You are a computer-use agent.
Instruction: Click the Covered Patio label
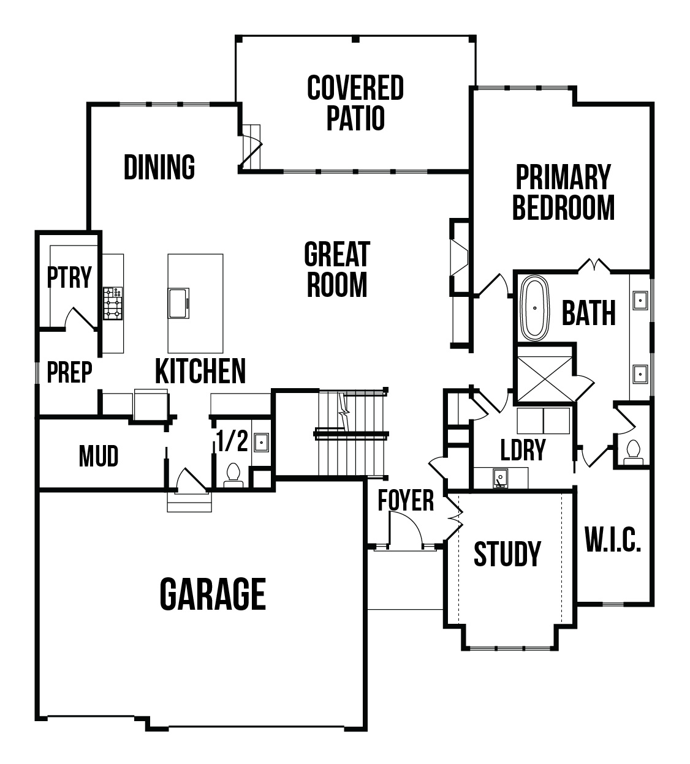click(x=355, y=103)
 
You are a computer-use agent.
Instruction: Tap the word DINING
click(x=159, y=167)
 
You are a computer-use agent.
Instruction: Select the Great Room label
click(x=337, y=269)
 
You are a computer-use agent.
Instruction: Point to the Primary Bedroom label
click(x=563, y=192)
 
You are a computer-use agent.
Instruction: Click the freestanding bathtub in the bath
click(x=535, y=308)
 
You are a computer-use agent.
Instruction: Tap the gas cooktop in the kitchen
click(x=113, y=304)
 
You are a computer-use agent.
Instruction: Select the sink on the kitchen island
click(x=179, y=303)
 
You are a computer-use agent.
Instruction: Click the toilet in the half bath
click(x=233, y=476)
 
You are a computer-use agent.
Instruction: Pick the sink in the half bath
click(x=261, y=442)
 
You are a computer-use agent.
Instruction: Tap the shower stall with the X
click(x=544, y=379)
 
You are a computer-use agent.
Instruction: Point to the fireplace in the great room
click(x=460, y=258)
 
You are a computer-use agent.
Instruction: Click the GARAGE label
click(x=213, y=594)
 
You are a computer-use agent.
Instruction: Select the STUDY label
click(x=507, y=554)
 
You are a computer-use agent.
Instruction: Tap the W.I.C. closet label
click(x=613, y=540)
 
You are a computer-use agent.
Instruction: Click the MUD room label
click(x=99, y=456)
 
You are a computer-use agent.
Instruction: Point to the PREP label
click(x=69, y=372)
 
